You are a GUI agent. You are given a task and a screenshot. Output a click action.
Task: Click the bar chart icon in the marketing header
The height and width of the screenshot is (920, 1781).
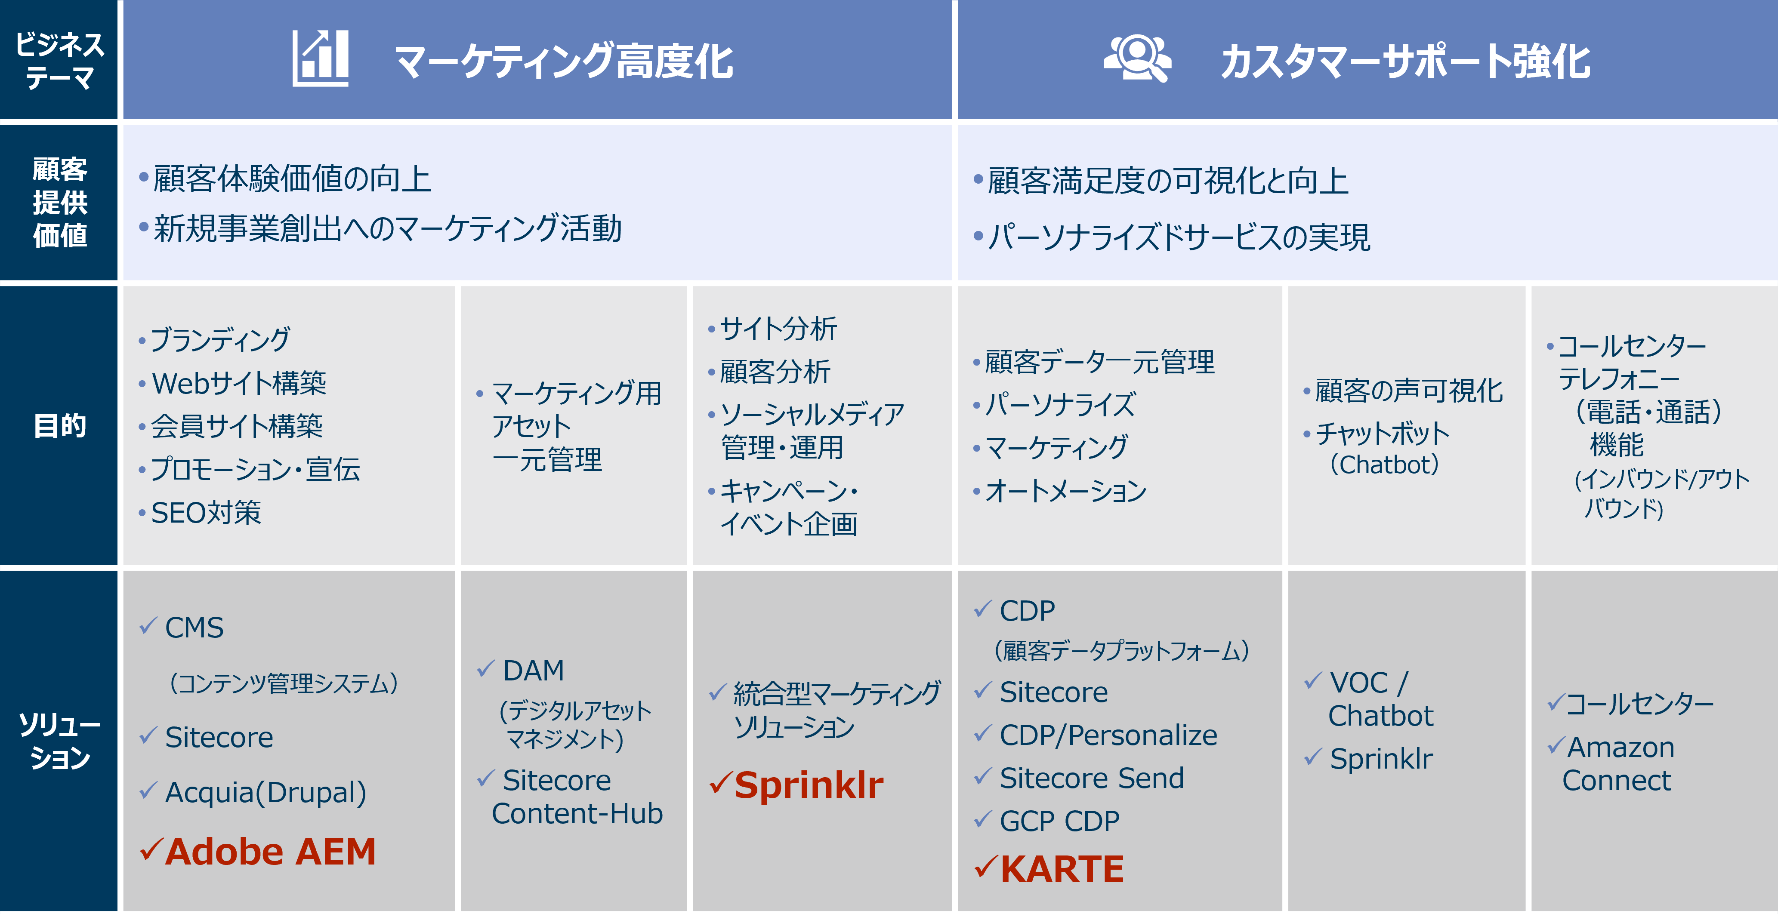click(x=320, y=59)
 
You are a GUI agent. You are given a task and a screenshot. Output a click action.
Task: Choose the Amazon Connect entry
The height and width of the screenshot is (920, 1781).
click(x=1618, y=764)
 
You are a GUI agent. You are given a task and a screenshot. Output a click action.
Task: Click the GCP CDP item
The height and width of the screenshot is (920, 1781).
click(x=1059, y=821)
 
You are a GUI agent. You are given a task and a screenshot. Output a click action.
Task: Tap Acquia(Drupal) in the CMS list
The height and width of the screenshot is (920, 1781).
click(x=265, y=792)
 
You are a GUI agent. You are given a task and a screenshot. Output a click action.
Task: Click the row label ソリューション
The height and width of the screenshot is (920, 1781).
click(x=60, y=741)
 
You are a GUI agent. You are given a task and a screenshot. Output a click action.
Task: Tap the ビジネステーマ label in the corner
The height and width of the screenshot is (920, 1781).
click(x=60, y=61)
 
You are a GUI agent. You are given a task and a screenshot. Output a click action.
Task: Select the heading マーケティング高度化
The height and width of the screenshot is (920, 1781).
click(x=564, y=61)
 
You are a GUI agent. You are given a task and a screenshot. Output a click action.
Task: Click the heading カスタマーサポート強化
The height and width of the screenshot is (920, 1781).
click(x=1405, y=61)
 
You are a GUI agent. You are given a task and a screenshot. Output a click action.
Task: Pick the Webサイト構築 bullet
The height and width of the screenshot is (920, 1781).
click(x=238, y=383)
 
